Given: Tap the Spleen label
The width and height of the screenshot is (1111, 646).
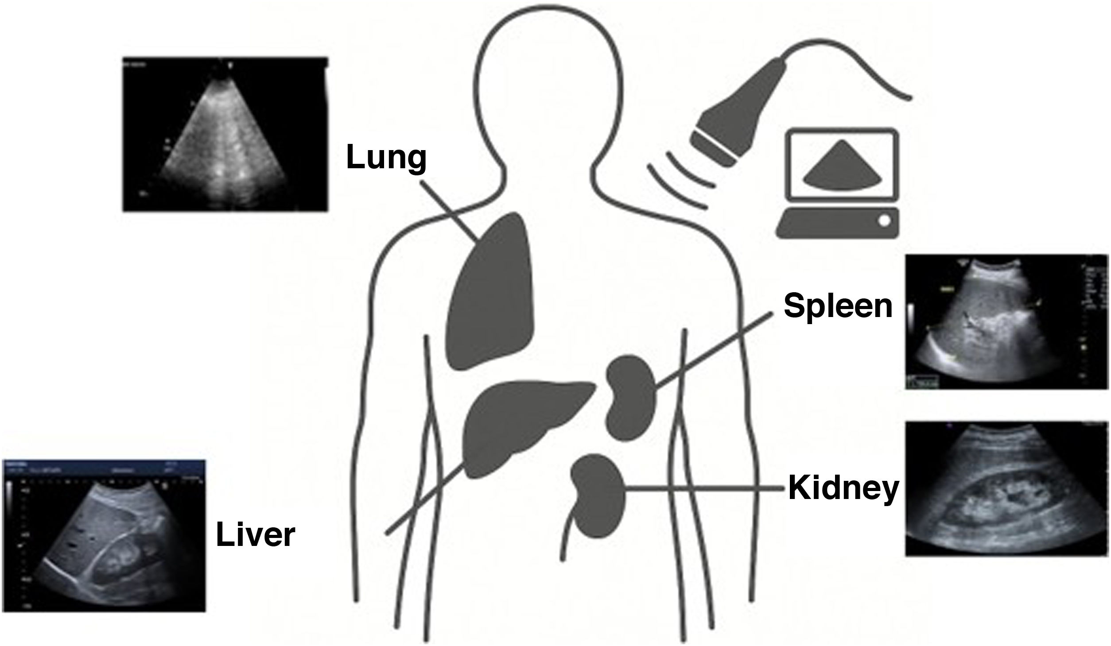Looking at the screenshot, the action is pos(838,306).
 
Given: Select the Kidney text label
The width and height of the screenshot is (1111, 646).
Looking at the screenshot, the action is pos(843,488).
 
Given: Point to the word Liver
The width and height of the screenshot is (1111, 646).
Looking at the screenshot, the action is pos(256,535).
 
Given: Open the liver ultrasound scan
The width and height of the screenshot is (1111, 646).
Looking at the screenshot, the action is pos(104,536).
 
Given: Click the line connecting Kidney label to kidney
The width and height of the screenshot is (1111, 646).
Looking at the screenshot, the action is pos(704,488).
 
